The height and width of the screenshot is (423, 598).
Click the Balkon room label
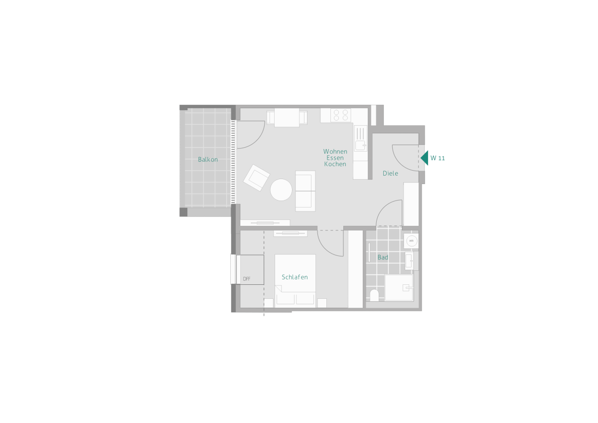click(208, 160)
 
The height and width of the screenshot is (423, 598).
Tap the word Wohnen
click(335, 152)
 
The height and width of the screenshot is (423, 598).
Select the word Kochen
click(335, 164)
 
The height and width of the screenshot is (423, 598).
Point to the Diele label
click(390, 174)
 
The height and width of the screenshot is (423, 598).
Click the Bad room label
click(383, 257)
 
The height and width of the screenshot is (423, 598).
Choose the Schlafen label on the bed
click(295, 277)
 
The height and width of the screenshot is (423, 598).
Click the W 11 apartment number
click(438, 158)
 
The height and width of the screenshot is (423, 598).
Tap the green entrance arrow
click(425, 158)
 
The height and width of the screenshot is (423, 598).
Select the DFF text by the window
click(247, 279)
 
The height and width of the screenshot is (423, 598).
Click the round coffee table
click(281, 190)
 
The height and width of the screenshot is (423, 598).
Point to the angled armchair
click(256, 178)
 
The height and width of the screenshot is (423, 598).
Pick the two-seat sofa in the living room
click(305, 191)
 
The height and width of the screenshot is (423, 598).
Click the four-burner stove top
click(341, 115)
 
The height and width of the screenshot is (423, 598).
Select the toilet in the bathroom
click(374, 295)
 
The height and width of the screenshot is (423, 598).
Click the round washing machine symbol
click(412, 241)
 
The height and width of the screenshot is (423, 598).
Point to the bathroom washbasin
click(409, 261)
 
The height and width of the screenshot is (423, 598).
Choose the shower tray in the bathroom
click(399, 288)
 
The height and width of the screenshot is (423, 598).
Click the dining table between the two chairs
click(287, 117)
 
